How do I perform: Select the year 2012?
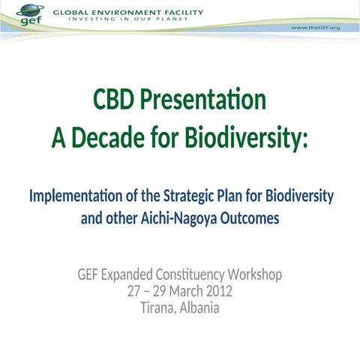pyautogui.click(x=217, y=291)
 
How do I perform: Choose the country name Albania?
pyautogui.click(x=197, y=307)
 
